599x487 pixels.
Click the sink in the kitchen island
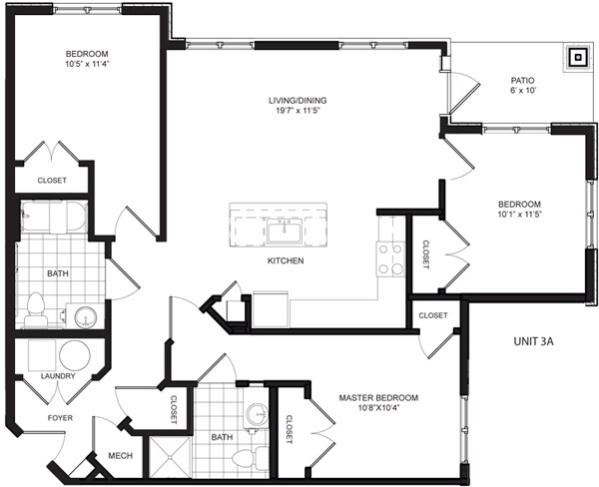[286, 233]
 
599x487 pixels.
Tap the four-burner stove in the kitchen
[390, 258]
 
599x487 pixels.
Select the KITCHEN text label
[285, 261]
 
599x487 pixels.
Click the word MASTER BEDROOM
[378, 397]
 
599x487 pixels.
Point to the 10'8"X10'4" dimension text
[378, 410]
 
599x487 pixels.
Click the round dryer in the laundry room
[75, 356]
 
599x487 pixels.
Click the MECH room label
[122, 457]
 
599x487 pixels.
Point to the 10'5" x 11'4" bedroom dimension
[88, 66]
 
